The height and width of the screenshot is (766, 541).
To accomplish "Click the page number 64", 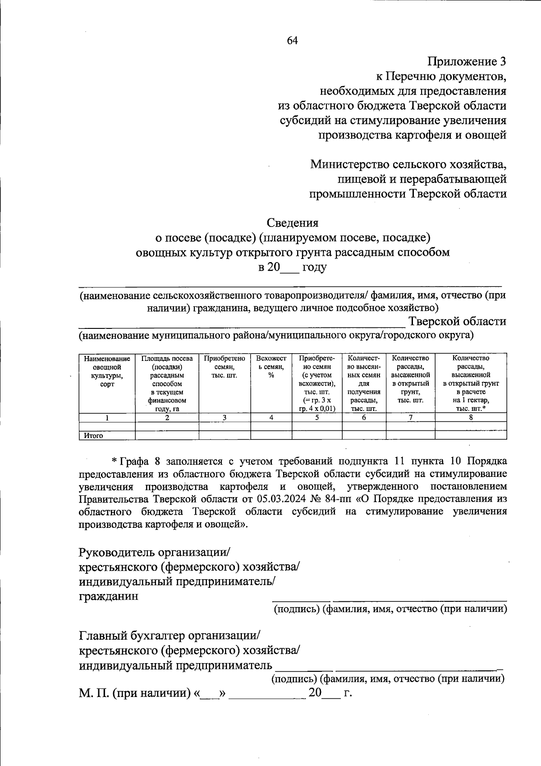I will (293, 41).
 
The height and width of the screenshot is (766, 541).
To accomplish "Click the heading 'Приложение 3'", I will (467, 61).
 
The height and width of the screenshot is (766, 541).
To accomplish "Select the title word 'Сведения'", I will (293, 222).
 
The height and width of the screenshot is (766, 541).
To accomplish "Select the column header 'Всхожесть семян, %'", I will (271, 367).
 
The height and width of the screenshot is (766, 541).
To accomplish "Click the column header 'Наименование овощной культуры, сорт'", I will (107, 371).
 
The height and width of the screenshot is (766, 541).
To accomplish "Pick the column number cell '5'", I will (317, 418).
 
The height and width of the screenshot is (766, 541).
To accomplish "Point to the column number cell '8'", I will (471, 418).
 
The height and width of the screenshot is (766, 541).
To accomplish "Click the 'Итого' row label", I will (93, 436).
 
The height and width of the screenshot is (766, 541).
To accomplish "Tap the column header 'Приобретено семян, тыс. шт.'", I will (225, 367).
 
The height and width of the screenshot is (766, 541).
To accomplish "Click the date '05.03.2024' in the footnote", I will (291, 499).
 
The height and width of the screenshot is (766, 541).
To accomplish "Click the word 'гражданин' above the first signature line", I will (109, 596).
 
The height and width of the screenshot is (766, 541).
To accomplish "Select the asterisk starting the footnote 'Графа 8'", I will (115, 461).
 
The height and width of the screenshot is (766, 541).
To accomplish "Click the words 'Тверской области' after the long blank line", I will (457, 321).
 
